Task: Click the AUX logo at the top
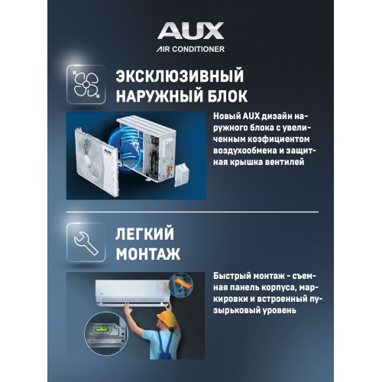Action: coord(191,31)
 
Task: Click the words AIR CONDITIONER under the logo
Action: coord(190,48)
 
